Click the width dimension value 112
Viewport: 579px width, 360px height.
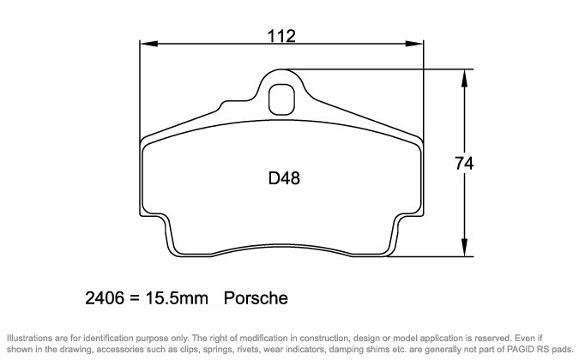[281, 36]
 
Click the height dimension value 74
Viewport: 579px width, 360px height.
[464, 163]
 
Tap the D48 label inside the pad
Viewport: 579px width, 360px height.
[284, 179]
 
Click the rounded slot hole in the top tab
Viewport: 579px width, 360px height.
[280, 100]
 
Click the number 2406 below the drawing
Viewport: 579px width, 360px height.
[103, 299]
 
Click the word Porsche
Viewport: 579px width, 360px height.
[255, 299]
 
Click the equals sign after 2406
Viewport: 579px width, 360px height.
[134, 299]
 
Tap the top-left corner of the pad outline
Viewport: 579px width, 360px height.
[144, 139]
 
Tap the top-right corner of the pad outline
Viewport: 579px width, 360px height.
[421, 139]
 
